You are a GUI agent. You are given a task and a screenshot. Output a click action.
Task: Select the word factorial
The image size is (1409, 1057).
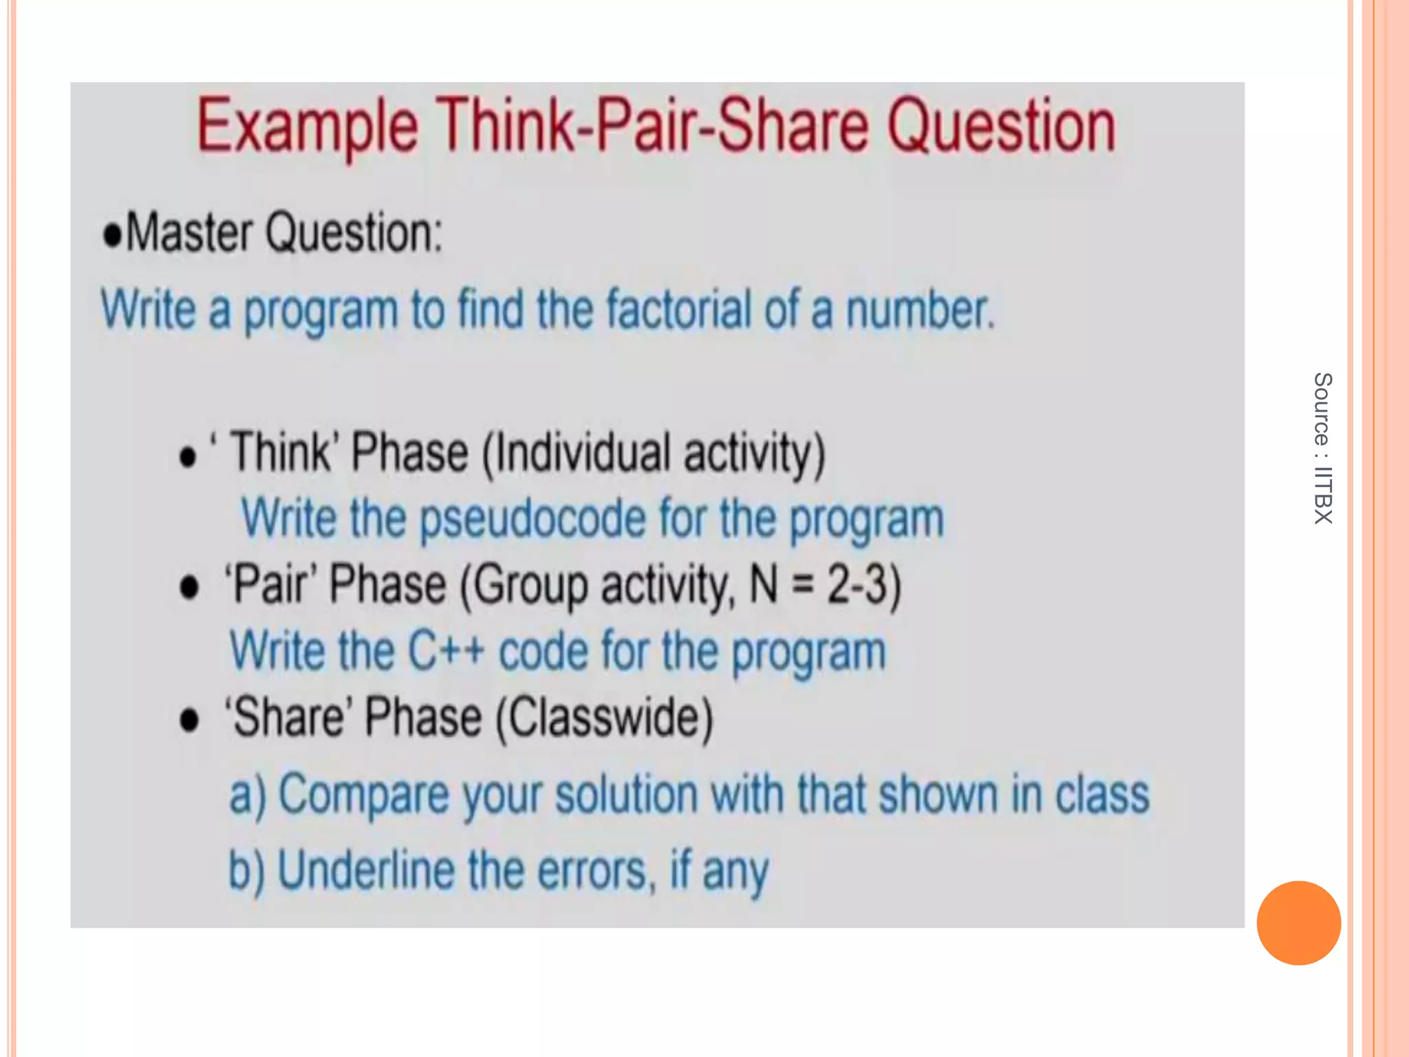[678, 310]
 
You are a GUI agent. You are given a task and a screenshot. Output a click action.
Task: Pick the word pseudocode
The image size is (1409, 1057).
[533, 519]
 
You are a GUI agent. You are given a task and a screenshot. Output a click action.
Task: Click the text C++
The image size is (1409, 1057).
[446, 651]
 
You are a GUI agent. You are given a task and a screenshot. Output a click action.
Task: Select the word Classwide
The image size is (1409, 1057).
[605, 718]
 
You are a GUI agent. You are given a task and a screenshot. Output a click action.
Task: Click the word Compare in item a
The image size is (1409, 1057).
[363, 795]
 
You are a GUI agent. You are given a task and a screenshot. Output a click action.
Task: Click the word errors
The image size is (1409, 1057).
[592, 871]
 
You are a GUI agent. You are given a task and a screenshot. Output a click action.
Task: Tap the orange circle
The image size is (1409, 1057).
[1298, 923]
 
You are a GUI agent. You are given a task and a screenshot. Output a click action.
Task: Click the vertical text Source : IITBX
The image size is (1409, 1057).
[1322, 448]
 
